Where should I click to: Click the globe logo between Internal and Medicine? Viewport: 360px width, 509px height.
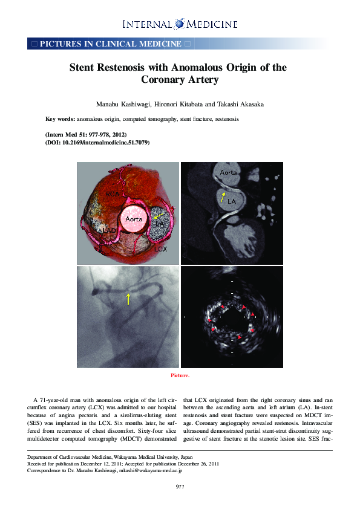(x=180, y=24)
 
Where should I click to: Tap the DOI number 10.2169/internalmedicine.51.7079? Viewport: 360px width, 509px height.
(x=105, y=143)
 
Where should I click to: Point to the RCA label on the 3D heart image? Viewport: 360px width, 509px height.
(x=113, y=194)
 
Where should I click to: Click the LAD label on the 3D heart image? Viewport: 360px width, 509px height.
(x=109, y=231)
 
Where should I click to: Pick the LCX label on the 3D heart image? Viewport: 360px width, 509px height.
(x=160, y=248)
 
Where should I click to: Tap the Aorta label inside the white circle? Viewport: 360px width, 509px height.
(x=133, y=219)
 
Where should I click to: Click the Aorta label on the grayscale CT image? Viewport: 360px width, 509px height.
(x=228, y=173)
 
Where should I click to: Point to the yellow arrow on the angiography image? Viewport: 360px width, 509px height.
(x=128, y=298)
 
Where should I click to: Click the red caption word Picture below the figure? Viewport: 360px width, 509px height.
(x=180, y=375)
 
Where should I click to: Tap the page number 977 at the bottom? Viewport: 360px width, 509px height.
(x=180, y=487)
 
